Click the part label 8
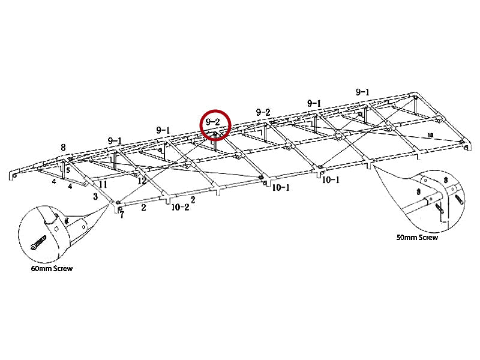click(63, 147)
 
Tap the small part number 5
click(68, 170)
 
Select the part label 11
click(103, 184)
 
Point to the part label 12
click(142, 181)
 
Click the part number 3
click(95, 196)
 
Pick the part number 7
click(122, 215)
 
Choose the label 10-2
click(180, 207)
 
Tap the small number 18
click(430, 135)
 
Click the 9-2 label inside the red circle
click(213, 122)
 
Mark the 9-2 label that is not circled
click(263, 112)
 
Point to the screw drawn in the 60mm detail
click(38, 242)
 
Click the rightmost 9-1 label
click(362, 92)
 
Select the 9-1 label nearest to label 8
click(115, 141)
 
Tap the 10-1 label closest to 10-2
click(281, 187)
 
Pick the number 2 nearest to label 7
click(143, 208)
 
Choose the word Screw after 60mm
click(63, 268)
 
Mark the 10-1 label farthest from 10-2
click(331, 179)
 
